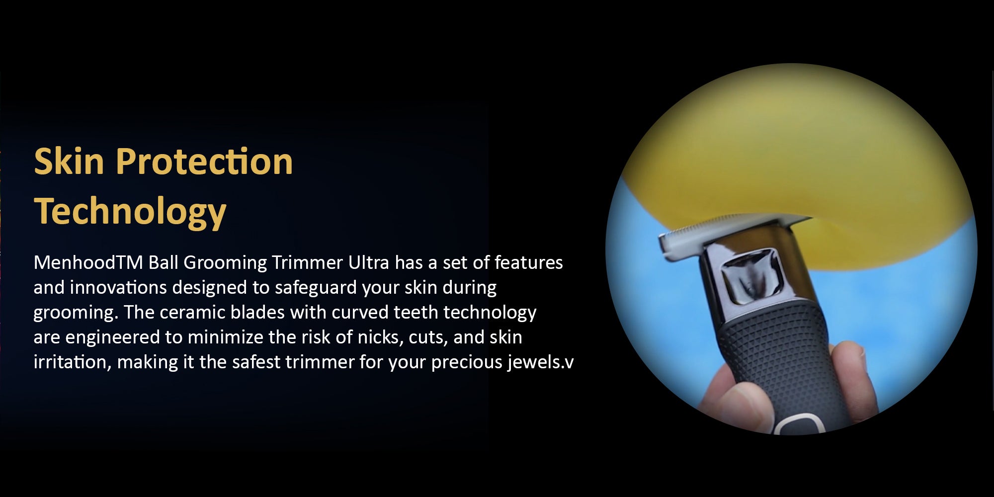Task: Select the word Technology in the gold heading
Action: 130,212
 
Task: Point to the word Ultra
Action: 368,262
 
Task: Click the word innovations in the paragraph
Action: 118,287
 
